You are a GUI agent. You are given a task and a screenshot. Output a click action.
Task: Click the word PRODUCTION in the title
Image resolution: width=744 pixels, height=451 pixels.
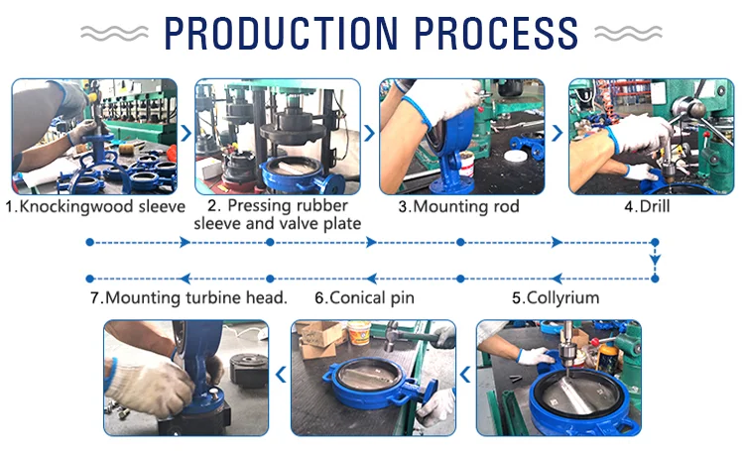[x=281, y=33]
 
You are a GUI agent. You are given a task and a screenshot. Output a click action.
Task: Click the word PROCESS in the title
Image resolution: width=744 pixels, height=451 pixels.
[x=496, y=33]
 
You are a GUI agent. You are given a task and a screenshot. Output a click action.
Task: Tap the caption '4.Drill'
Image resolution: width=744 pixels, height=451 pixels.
[x=647, y=206]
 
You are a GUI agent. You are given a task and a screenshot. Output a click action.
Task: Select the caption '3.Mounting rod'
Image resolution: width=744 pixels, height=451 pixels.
[x=459, y=206]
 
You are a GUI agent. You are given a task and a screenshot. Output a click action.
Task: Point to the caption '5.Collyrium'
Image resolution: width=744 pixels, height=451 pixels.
[x=556, y=297]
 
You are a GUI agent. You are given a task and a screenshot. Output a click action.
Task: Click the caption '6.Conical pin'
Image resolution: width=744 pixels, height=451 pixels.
[x=364, y=297]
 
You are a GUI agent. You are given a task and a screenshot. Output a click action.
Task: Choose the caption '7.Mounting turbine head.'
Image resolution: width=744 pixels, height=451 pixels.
[x=188, y=297]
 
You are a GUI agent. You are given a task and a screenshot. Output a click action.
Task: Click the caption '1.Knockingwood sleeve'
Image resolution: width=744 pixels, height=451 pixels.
[x=95, y=207]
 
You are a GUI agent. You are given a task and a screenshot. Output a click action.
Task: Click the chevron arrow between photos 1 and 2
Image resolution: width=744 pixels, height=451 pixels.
[x=186, y=133]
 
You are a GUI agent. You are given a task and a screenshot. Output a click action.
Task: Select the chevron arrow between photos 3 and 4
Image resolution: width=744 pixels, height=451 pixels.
[x=558, y=133]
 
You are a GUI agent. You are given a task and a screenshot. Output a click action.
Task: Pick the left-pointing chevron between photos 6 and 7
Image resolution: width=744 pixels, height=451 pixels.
[x=281, y=374]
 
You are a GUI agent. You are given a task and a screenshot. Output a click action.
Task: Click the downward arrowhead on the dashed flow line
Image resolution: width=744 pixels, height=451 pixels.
[x=656, y=260]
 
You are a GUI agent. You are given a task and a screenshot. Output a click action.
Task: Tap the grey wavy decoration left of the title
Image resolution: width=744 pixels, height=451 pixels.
[x=114, y=33]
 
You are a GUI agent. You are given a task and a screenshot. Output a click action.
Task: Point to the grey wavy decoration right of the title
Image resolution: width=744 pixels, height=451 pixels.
[x=628, y=33]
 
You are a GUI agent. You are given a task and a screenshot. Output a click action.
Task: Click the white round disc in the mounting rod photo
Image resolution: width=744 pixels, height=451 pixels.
[x=517, y=156]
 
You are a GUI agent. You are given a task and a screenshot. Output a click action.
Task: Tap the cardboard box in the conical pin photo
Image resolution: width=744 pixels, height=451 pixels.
[x=319, y=339]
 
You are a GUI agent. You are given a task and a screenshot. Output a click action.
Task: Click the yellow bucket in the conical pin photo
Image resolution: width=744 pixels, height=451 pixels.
[x=359, y=332]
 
